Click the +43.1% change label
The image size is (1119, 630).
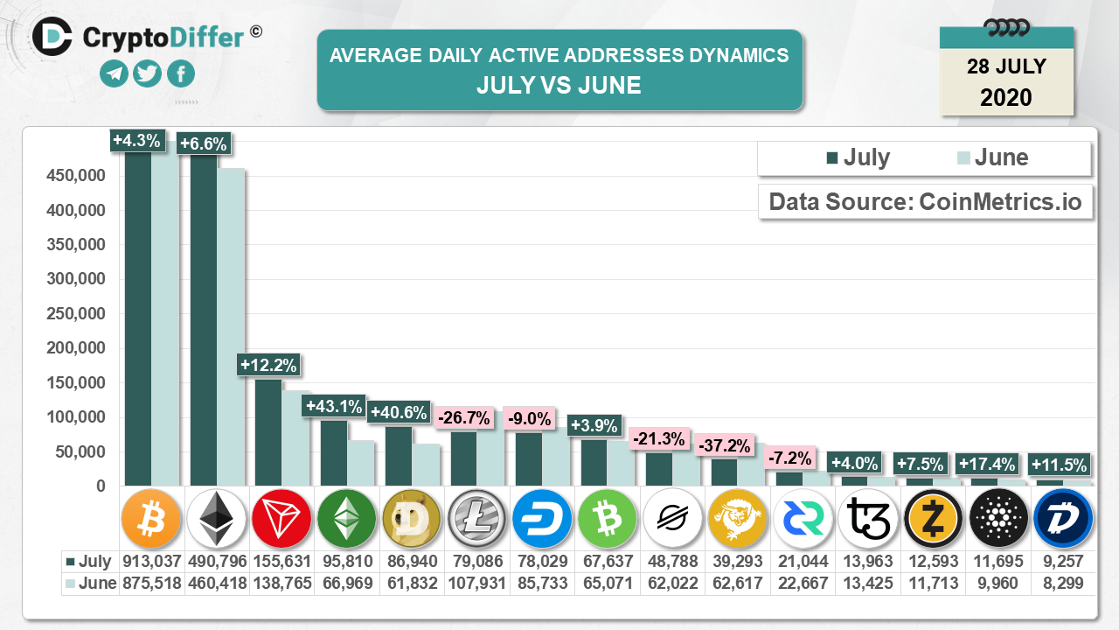click(x=332, y=406)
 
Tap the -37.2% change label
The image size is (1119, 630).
click(x=725, y=445)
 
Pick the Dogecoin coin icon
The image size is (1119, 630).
click(x=412, y=519)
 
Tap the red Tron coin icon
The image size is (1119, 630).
click(x=281, y=519)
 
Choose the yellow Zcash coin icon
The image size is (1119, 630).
click(x=932, y=519)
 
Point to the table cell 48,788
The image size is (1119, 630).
click(x=671, y=561)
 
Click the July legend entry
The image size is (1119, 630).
click(x=858, y=157)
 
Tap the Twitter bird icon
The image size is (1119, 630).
click(x=148, y=73)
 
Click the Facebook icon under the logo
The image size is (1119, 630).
click(x=180, y=73)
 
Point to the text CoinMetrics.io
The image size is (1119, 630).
click(x=1000, y=202)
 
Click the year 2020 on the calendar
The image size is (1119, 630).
click(x=1006, y=96)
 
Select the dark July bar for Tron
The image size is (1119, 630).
click(x=268, y=432)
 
